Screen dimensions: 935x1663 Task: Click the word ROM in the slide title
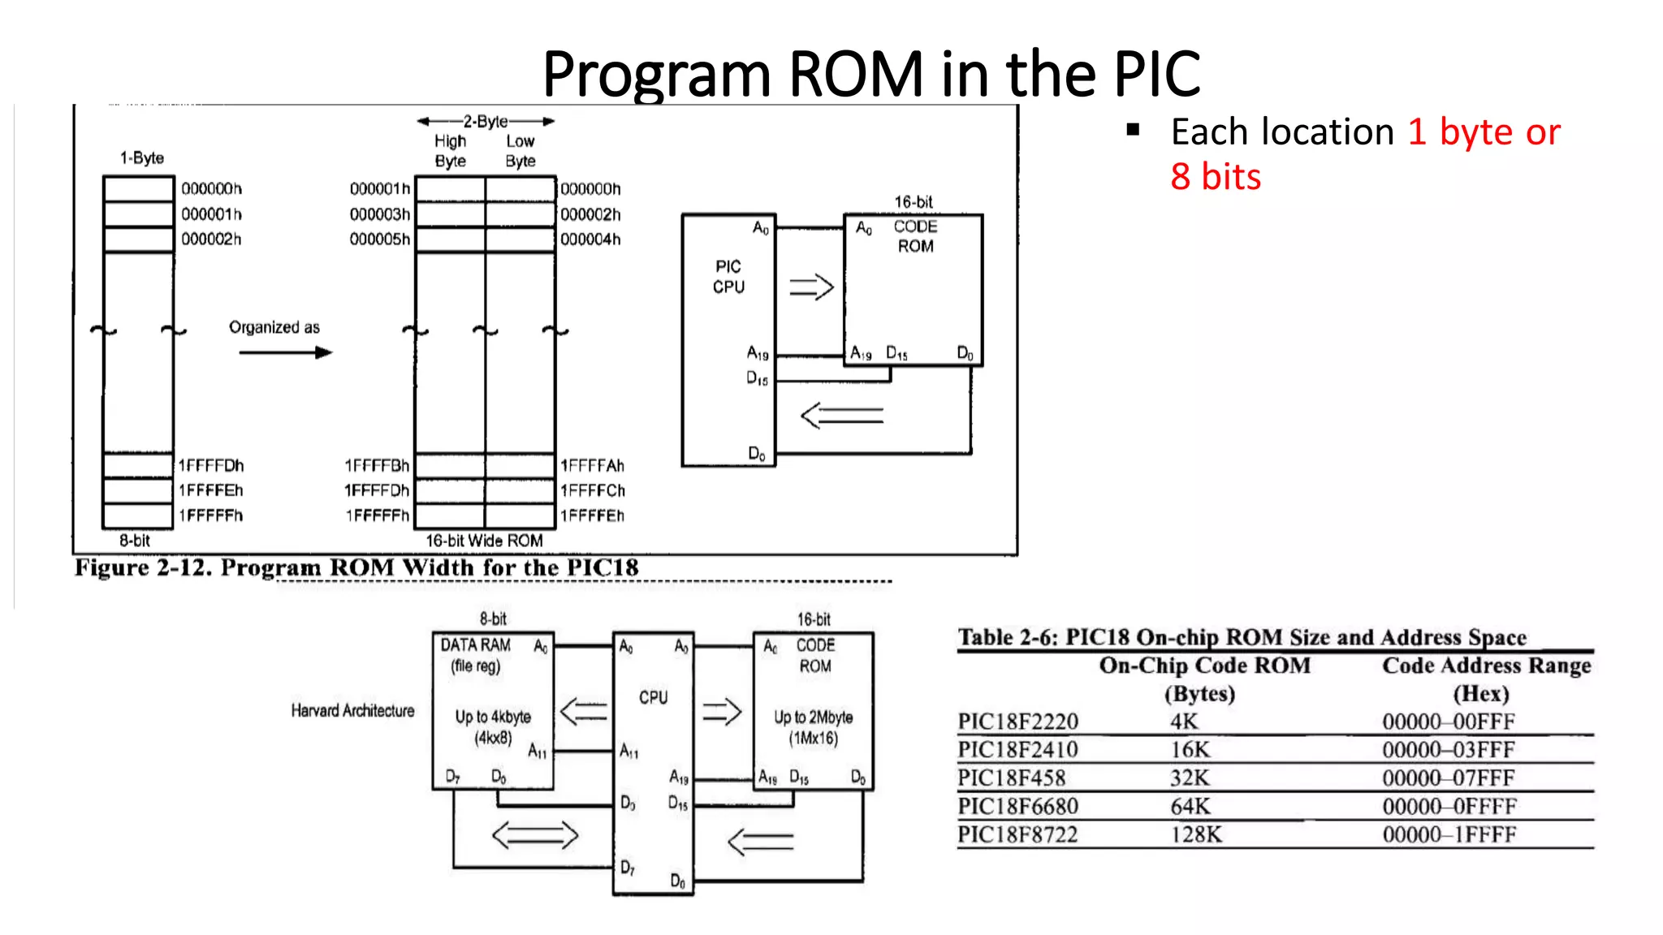[855, 74]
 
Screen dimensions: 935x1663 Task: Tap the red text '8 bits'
[1216, 177]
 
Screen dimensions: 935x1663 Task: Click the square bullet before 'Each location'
[1134, 129]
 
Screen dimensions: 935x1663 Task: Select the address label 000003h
[379, 214]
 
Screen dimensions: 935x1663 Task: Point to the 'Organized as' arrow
[286, 352]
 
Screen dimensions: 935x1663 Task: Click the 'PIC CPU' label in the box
[728, 277]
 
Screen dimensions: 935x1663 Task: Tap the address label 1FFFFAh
[592, 466]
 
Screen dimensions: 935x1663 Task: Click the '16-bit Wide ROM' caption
[484, 541]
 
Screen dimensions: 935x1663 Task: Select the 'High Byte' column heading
[450, 151]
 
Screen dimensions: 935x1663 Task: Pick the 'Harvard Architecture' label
[352, 711]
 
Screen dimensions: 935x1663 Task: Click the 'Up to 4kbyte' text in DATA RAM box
[493, 717]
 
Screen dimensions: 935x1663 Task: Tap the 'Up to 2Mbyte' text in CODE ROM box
[813, 717]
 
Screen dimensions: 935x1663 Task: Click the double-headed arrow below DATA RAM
[535, 835]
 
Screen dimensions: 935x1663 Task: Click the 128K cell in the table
[1195, 834]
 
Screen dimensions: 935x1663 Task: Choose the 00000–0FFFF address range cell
[1449, 806]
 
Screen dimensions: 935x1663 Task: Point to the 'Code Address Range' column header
[1486, 666]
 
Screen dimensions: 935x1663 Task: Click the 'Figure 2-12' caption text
[356, 567]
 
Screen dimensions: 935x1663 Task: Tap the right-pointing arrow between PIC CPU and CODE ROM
[811, 287]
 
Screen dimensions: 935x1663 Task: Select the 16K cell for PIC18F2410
[1190, 749]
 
